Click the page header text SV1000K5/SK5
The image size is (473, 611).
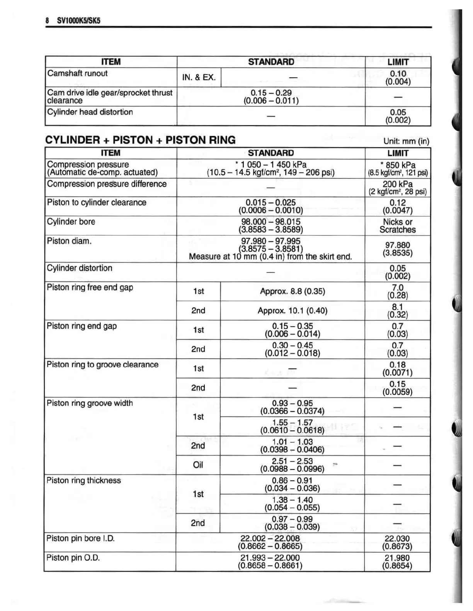click(78, 20)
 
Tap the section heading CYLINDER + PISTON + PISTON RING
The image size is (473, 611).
click(140, 140)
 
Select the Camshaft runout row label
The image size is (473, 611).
click(77, 73)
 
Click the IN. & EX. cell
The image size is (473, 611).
click(199, 77)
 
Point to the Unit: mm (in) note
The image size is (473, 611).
click(406, 141)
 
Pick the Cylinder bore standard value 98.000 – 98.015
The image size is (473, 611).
click(271, 222)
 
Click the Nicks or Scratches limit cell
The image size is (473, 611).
click(398, 226)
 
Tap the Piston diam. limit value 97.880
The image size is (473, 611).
click(398, 245)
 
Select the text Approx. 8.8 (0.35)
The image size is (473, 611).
click(293, 291)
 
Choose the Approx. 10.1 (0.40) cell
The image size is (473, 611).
click(293, 311)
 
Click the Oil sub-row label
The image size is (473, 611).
click(198, 465)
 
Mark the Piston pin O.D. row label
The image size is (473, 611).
click(73, 558)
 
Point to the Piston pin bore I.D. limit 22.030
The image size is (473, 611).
click(397, 538)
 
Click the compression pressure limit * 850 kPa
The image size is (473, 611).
click(398, 165)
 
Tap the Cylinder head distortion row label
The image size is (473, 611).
click(90, 112)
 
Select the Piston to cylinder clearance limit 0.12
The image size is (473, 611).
click(398, 203)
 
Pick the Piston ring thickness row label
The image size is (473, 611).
click(83, 481)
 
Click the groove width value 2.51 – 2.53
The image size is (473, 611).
click(292, 461)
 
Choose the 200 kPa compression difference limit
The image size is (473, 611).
click(398, 184)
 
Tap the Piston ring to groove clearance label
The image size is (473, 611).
click(102, 365)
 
